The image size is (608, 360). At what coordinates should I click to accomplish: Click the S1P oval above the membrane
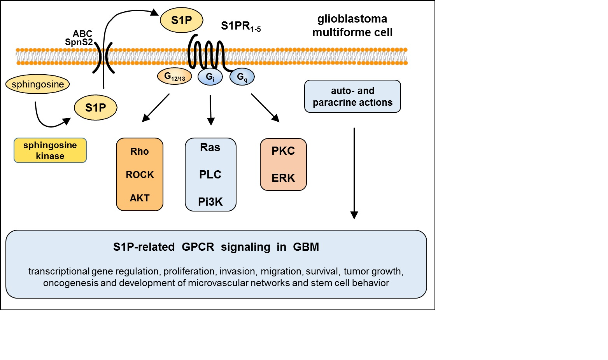181,21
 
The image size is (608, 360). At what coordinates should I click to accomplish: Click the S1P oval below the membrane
95,108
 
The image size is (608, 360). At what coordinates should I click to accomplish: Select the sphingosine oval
38,84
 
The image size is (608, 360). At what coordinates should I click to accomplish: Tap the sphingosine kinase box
50,150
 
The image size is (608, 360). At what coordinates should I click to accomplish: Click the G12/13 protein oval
175,77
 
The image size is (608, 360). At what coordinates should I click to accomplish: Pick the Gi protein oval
210,77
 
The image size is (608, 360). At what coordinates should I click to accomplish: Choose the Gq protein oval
242,77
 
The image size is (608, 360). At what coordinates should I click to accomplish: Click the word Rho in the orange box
140,152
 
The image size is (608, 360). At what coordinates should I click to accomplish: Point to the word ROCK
140,175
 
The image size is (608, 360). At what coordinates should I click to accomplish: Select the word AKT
140,198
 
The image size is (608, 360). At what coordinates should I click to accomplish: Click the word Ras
210,148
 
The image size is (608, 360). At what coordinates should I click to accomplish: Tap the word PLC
210,175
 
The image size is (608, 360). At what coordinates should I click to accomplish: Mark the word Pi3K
210,202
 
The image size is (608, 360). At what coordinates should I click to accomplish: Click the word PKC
283,151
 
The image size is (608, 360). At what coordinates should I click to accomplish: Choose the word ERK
283,178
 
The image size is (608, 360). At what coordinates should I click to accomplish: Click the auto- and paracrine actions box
352,96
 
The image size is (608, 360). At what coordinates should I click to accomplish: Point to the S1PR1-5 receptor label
240,26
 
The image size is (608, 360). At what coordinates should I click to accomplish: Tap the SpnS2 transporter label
79,42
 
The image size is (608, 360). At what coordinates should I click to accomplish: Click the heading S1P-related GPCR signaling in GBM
216,247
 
